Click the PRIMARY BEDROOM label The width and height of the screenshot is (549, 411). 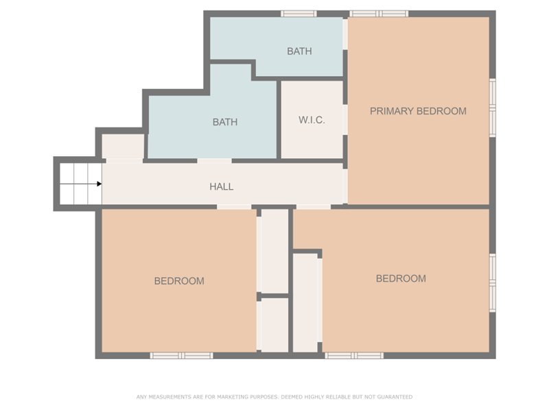pos(418,111)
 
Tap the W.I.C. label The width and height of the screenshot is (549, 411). pos(312,121)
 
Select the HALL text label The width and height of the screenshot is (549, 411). pos(221,186)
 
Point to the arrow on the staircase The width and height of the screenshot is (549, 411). pos(99,184)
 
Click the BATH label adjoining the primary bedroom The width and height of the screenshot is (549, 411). pos(299,51)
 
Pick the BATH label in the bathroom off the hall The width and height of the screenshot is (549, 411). pos(224,123)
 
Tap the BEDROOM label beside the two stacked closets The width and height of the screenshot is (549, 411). pos(178,281)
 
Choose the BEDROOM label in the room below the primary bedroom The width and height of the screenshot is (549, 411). pos(401,279)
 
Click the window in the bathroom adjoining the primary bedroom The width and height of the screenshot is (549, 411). pos(299,14)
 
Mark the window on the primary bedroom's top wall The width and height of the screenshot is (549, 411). pos(379,14)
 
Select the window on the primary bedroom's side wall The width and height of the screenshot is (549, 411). pos(492,108)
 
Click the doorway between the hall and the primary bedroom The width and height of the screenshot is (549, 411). pos(345,184)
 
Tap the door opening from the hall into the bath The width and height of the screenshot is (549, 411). pos(214,161)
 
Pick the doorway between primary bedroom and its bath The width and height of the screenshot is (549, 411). pos(345,34)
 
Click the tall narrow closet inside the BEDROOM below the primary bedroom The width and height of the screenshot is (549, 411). pos(307,302)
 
